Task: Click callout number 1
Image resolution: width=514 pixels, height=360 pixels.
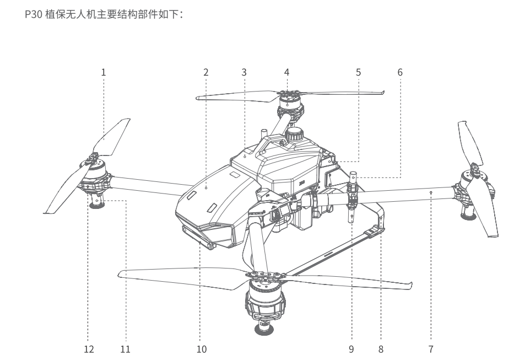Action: pos(103,72)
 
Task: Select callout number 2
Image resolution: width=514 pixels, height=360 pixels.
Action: pos(205,72)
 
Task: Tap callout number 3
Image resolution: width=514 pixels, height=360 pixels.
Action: pos(244,72)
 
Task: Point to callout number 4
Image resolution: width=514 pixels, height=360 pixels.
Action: pos(286,72)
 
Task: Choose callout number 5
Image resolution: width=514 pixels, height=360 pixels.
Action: pos(359,72)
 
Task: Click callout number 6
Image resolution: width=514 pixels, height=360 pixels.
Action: pos(400,72)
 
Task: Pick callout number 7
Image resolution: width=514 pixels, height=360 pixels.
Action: pos(431,348)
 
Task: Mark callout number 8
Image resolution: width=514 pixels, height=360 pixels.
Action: pos(381,348)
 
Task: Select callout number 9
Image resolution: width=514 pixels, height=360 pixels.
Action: pos(351,348)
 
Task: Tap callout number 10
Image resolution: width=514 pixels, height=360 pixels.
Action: pos(201,348)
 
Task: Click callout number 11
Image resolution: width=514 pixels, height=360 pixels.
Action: pos(126,348)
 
